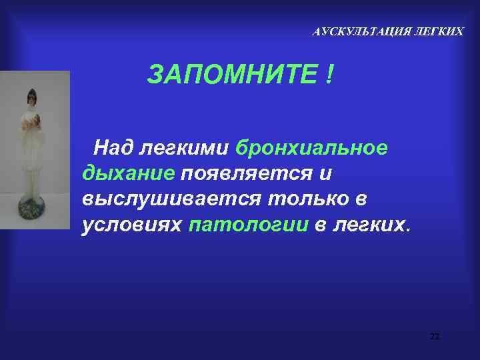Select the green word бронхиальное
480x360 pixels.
tap(311, 147)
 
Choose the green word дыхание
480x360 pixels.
tap(129, 173)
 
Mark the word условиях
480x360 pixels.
tap(133, 225)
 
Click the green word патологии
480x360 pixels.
tap(249, 225)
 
